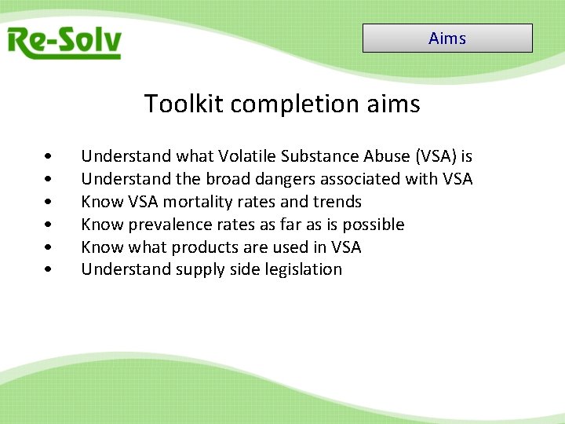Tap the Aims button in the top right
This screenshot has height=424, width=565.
pos(447,38)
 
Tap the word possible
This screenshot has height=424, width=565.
pos(375,225)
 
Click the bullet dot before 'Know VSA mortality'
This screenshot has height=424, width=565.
pos(49,203)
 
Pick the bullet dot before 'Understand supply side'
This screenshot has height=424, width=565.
pos(49,270)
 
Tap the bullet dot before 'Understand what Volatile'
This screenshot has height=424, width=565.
pos(49,157)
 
